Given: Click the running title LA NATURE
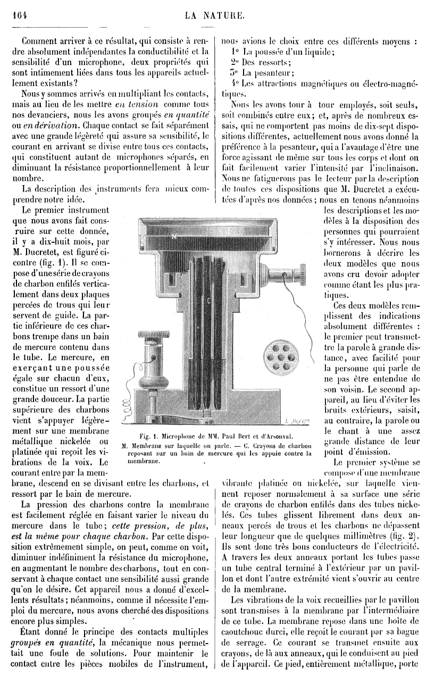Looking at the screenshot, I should (214, 15).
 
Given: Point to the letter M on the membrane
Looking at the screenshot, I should (173, 234).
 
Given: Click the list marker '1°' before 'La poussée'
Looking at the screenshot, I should (236, 52).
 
